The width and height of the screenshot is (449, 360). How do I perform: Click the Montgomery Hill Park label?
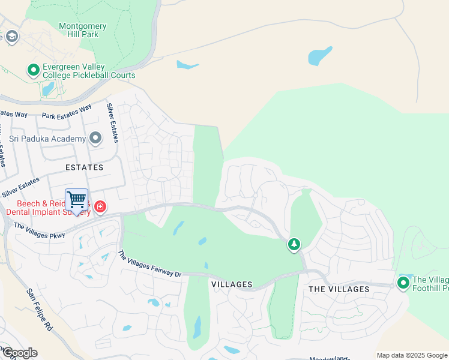(83, 31)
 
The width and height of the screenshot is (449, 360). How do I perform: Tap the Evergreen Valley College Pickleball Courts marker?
(33, 71)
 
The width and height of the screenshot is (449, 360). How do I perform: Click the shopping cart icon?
(76, 199)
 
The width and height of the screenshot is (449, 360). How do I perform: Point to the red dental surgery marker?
(100, 208)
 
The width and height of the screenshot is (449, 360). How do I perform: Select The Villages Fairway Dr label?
(149, 265)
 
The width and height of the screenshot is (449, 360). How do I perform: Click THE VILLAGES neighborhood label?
(339, 289)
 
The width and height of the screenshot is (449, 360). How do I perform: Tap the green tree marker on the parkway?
(294, 244)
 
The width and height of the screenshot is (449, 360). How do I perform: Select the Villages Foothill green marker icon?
(403, 283)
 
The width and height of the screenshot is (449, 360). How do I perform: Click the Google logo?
(19, 353)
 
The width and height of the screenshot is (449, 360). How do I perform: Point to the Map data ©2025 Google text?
(411, 355)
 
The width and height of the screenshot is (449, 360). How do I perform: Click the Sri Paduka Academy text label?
(48, 139)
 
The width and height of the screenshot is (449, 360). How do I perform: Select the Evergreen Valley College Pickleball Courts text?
(88, 71)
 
